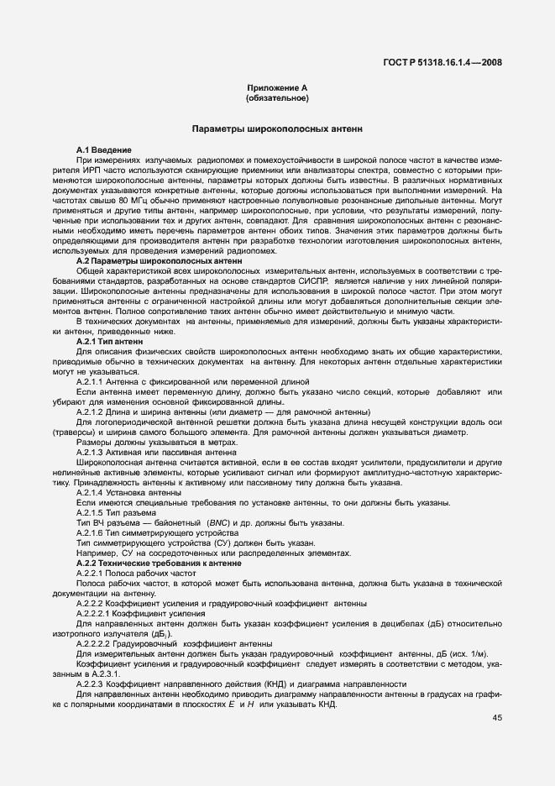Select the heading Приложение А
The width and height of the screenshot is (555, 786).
[277, 88]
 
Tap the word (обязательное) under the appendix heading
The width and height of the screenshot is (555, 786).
[277, 98]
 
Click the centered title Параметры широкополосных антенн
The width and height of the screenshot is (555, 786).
[277, 130]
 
